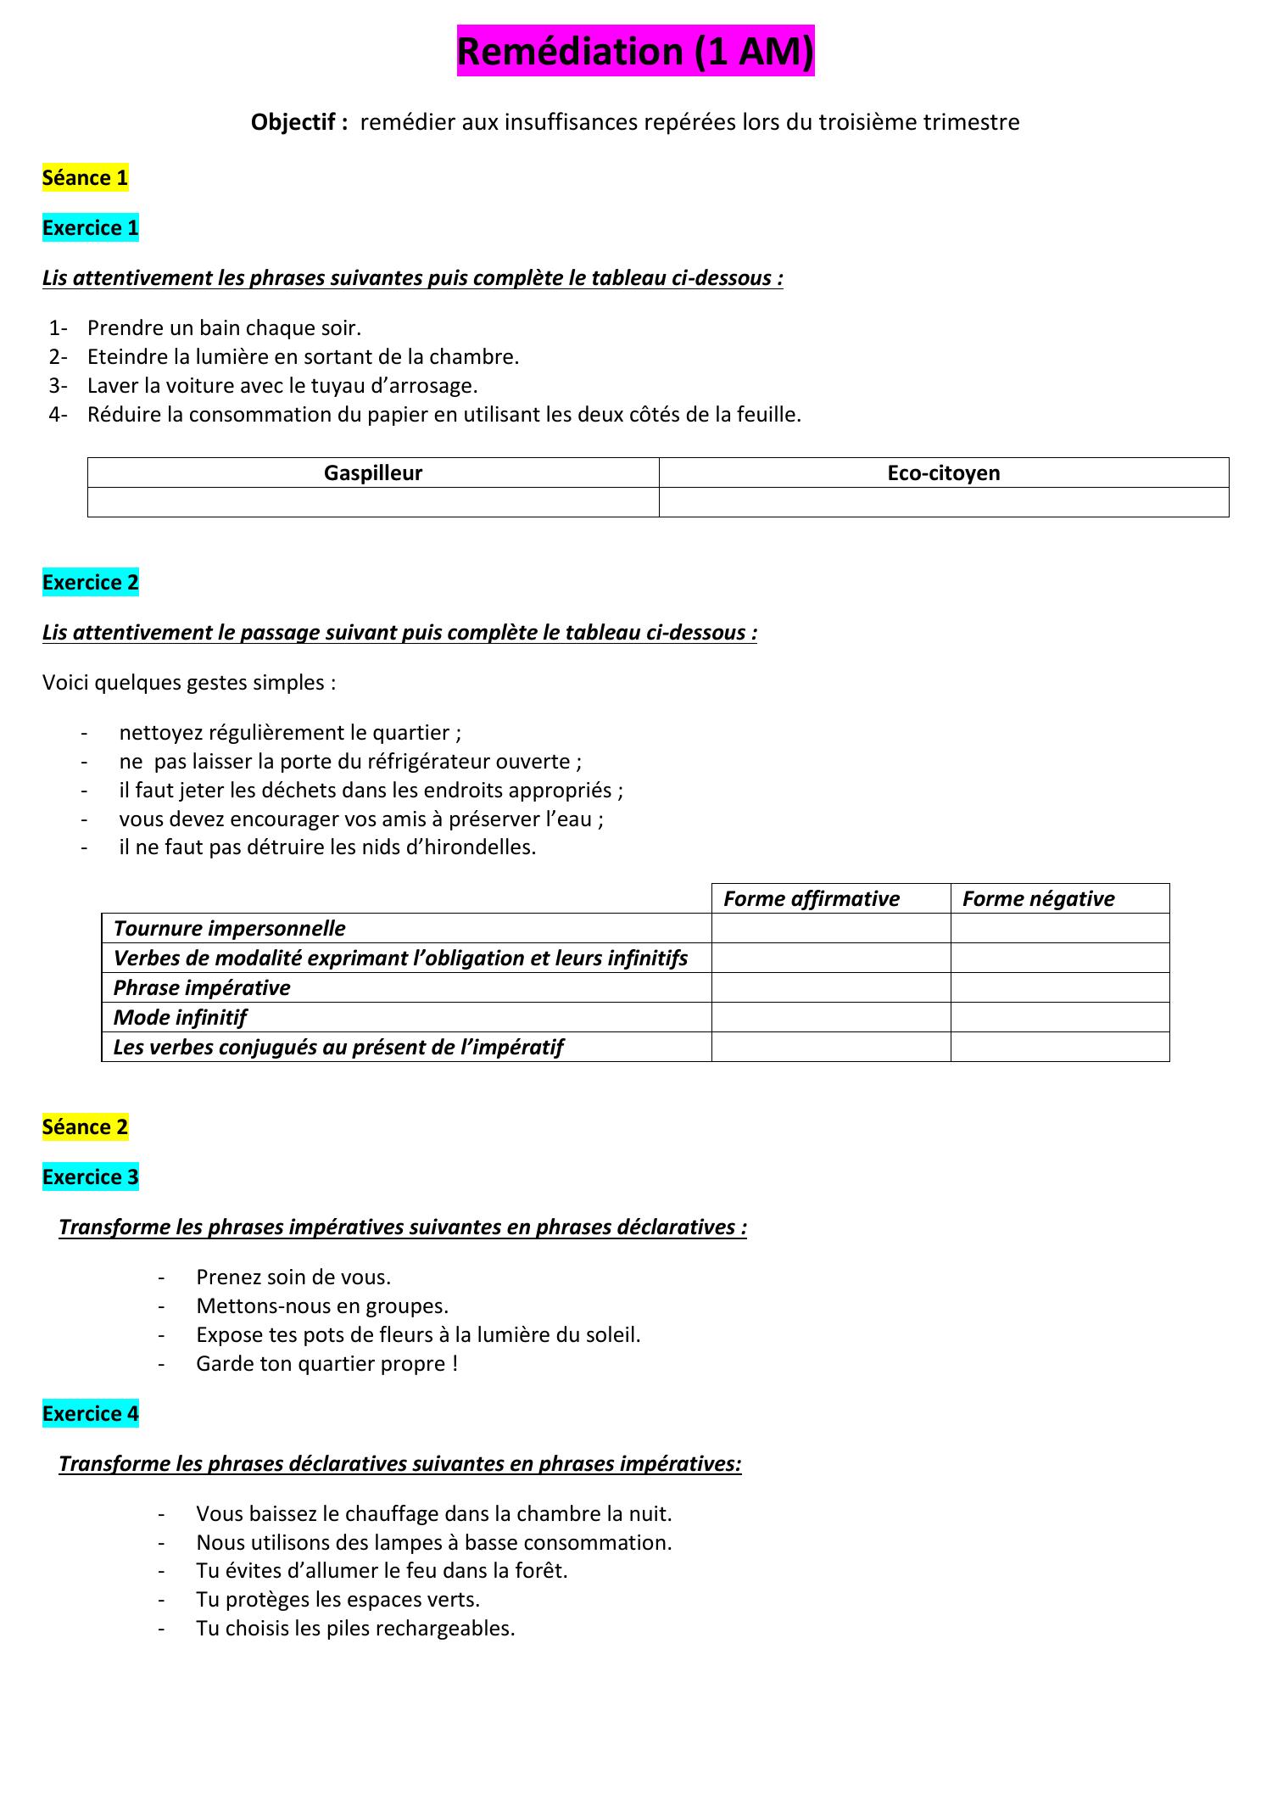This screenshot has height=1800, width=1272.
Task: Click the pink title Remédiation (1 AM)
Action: click(x=635, y=52)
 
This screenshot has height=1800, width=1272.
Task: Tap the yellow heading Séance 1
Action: click(x=85, y=178)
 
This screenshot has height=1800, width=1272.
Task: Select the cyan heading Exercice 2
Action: click(x=90, y=583)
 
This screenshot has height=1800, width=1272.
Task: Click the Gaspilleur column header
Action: click(x=373, y=473)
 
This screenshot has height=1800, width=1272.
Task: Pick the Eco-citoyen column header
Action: click(x=943, y=473)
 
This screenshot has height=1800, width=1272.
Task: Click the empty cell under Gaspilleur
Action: click(x=373, y=502)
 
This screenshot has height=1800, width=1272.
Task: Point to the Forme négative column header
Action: click(x=1038, y=899)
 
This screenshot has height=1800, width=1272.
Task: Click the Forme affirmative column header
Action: click(x=811, y=899)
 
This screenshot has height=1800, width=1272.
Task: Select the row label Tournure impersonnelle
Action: click(x=229, y=929)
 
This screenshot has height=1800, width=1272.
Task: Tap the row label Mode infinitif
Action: click(x=180, y=1018)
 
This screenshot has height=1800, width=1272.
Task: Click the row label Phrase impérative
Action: click(x=202, y=988)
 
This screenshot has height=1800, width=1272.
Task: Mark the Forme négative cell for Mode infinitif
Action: click(x=1059, y=1018)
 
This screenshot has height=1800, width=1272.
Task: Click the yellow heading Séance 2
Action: click(x=85, y=1127)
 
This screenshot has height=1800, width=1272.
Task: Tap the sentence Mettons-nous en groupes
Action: click(x=322, y=1306)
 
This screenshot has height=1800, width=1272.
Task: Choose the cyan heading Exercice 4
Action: click(x=90, y=1414)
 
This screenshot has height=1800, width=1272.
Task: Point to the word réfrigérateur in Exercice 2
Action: click(x=417, y=762)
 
